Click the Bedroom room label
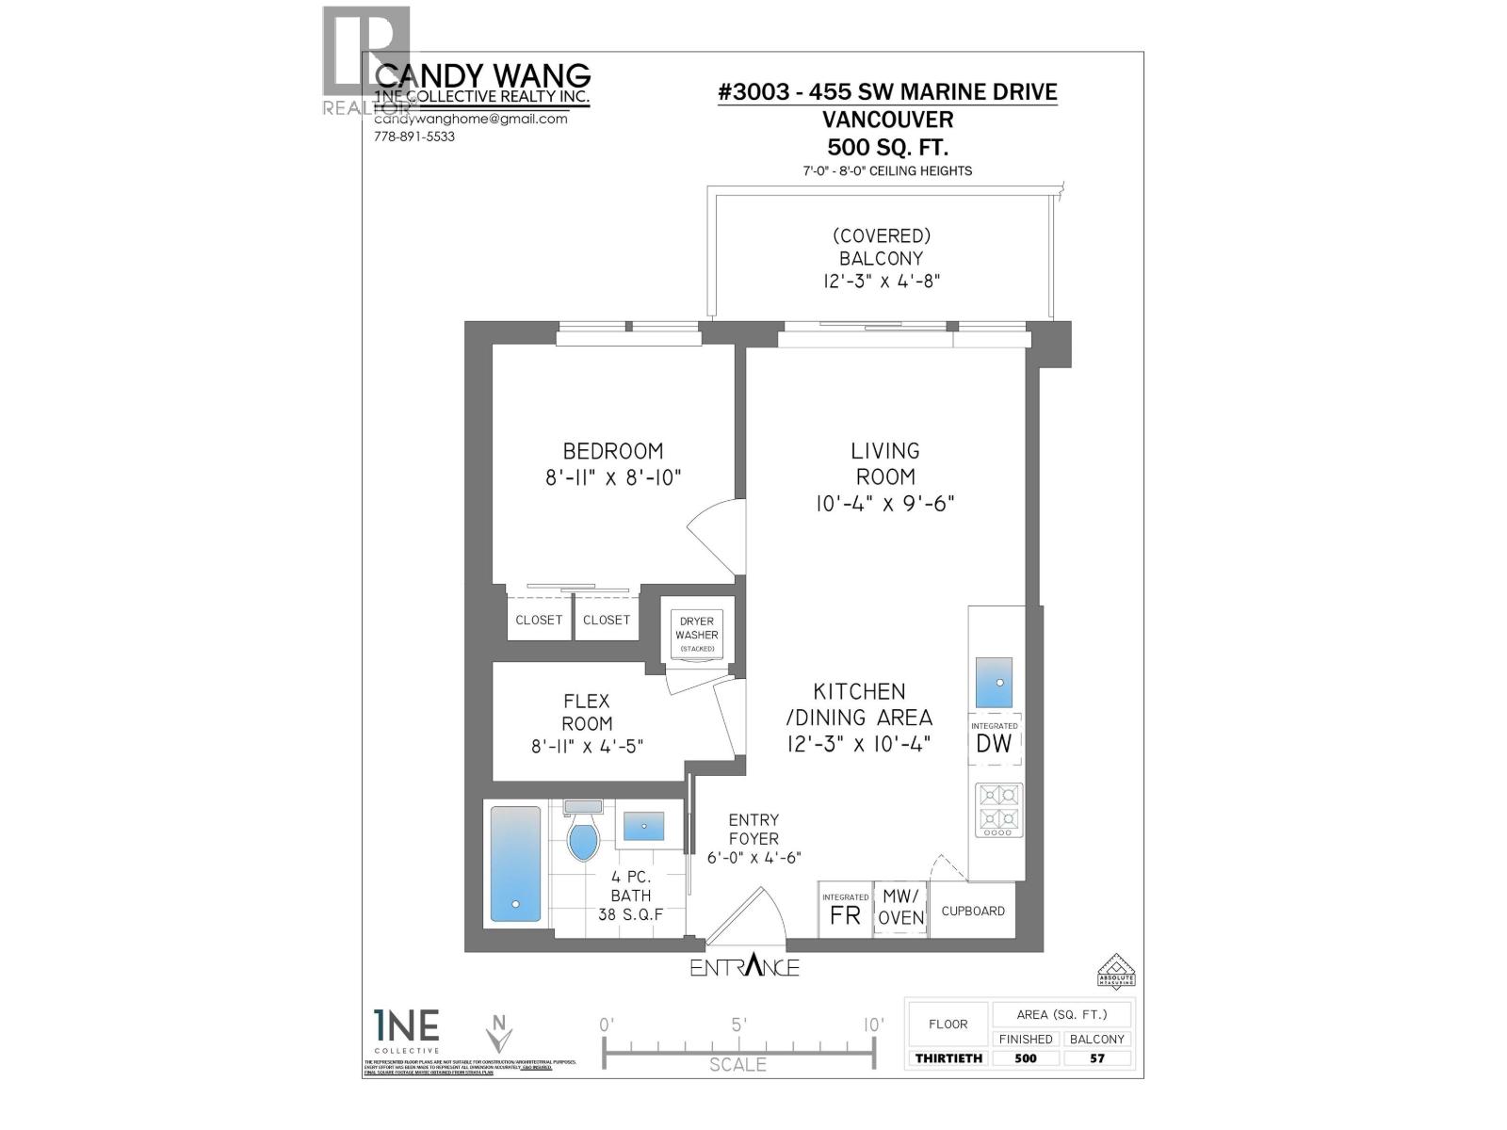pos(612,451)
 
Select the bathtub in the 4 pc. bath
pos(515,864)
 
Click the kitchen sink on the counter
pos(994,683)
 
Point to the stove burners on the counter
pos(998,809)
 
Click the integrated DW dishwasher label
pos(994,742)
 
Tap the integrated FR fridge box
pos(845,911)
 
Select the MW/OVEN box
pos(901,909)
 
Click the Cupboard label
pos(973,911)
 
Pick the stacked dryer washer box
pos(697,634)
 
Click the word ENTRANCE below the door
pos(744,967)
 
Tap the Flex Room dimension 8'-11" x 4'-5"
pos(587,747)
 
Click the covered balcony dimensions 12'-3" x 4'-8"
pos(881,281)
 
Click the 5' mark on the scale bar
pos(738,1025)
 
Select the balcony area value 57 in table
pos(1097,1057)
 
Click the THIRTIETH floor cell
pos(948,1057)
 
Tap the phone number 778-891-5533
pos(414,137)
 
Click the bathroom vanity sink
pos(643,826)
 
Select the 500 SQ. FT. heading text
pos(887,147)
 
